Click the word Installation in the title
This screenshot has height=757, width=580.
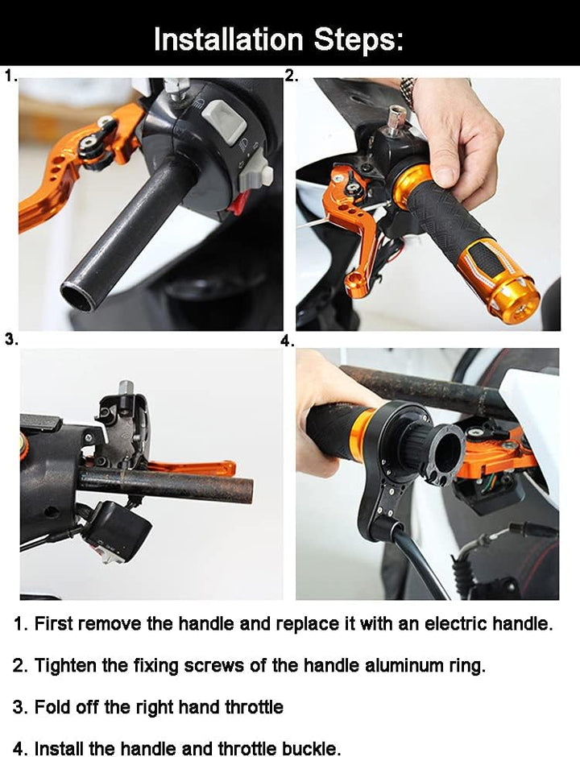point(228,39)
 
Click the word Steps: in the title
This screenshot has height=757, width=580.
point(358,39)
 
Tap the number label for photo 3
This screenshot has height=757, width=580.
point(11,339)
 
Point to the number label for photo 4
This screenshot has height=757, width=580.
point(287,341)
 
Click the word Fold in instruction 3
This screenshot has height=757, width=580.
point(50,707)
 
